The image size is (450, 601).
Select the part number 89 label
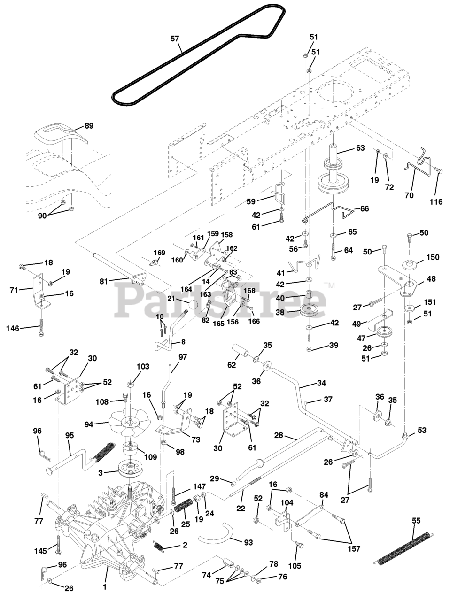point(89,126)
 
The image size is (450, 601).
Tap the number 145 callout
point(39,550)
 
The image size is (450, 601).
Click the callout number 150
point(432,257)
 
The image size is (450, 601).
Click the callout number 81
point(104,281)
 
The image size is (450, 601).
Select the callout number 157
point(355,549)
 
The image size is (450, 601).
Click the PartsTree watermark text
point(225,297)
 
